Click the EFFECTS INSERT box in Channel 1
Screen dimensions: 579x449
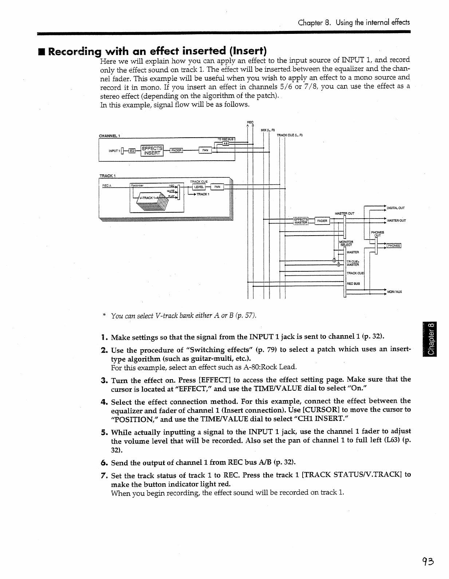click(152, 150)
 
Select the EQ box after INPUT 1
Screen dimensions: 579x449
click(132, 151)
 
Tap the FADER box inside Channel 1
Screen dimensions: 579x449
click(176, 150)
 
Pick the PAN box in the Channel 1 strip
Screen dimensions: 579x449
click(205, 150)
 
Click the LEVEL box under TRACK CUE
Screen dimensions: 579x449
click(199, 187)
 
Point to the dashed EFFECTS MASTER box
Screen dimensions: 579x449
click(301, 221)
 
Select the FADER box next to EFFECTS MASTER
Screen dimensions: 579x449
click(322, 221)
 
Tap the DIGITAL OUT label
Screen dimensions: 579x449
click(395, 208)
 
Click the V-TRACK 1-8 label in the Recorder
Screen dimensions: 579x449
click(148, 198)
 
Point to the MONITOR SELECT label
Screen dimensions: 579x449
click(346, 243)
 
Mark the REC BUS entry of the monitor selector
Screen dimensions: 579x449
click(353, 283)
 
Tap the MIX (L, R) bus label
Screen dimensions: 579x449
click(268, 130)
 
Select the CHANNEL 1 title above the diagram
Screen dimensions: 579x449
click(110, 136)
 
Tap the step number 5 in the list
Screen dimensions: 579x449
click(103, 432)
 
